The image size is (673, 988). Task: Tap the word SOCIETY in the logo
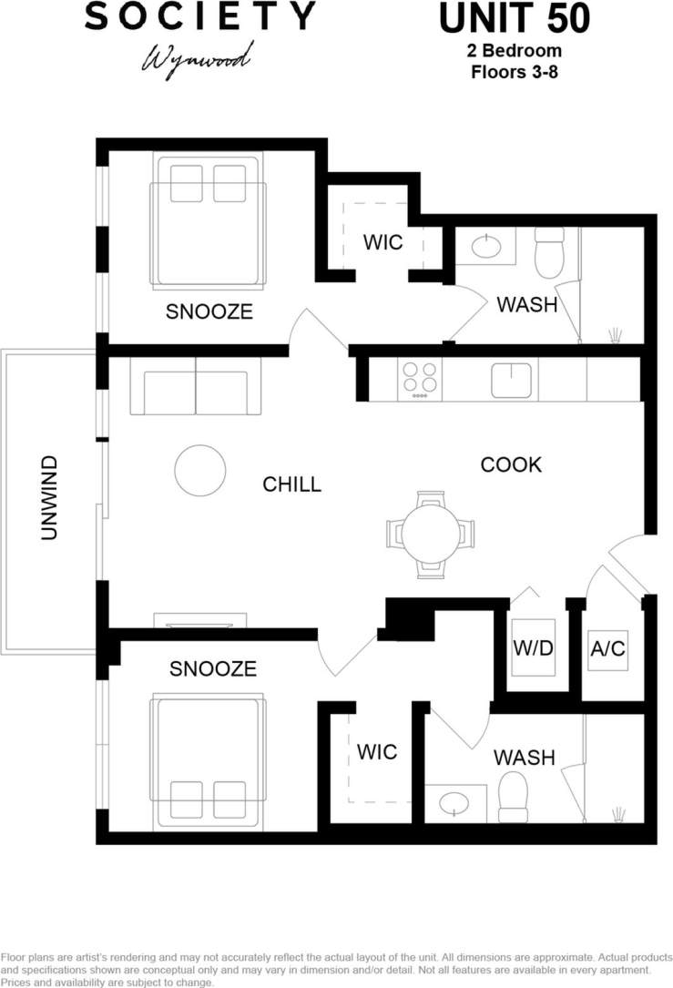point(199,15)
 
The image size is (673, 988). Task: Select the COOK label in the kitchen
point(511,464)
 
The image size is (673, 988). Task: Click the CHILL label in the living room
point(291,484)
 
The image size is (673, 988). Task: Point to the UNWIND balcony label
point(50,498)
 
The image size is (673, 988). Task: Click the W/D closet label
point(533,648)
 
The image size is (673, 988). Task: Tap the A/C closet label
point(607,648)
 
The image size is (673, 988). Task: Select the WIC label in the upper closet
point(382,243)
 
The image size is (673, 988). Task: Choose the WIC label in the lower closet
point(376,751)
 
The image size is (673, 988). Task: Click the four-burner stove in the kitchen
point(420,379)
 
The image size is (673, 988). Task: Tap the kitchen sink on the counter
point(512,380)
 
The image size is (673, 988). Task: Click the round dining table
point(432,534)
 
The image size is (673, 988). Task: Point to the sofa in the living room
point(196,387)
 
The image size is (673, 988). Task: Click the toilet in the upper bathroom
point(549,252)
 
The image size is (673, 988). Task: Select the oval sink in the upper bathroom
point(484,246)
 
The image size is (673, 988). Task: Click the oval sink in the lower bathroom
point(454,802)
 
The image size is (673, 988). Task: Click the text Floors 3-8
point(514,71)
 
